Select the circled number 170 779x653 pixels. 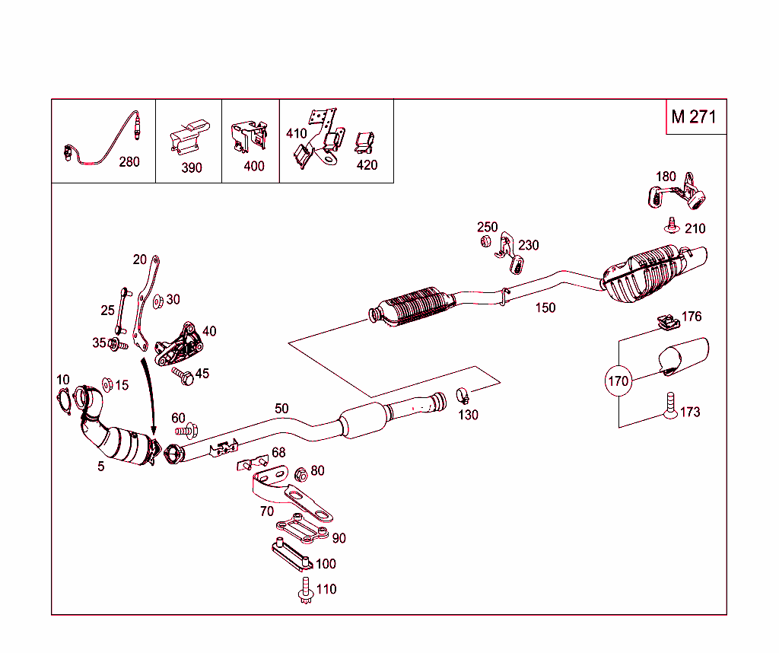618,381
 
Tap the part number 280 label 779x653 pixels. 129,161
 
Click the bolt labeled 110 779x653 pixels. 305,591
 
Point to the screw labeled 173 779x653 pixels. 669,404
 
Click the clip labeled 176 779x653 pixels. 667,324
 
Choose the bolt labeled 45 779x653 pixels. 181,374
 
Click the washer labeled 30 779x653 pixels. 157,301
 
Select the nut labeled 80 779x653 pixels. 300,475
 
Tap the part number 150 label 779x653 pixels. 545,308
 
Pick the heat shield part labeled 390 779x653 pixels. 188,137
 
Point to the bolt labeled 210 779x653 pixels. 672,225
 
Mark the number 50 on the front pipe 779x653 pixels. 281,409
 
